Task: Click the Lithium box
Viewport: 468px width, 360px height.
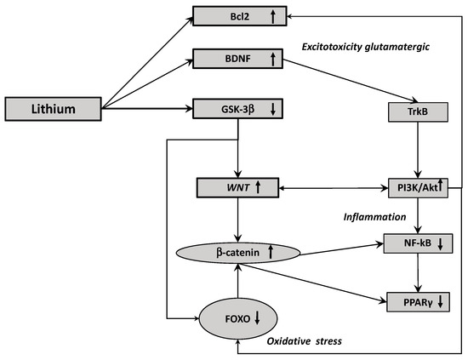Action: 53,110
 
